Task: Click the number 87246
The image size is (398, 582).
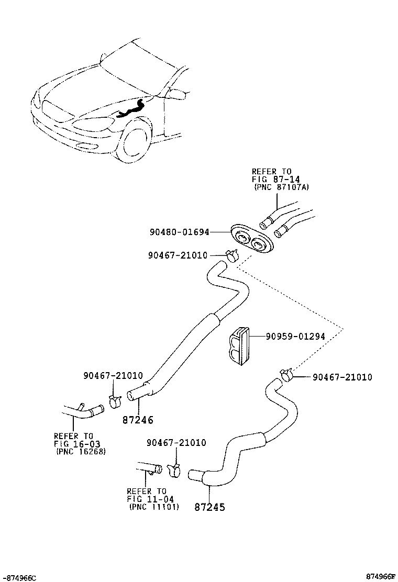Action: [138, 420]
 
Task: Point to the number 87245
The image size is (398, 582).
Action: [209, 507]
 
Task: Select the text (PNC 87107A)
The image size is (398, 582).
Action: [281, 187]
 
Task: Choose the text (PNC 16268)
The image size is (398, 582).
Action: [81, 452]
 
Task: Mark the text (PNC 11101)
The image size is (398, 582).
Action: [154, 507]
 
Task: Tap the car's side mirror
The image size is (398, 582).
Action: [178, 94]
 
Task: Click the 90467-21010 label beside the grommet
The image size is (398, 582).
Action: [178, 255]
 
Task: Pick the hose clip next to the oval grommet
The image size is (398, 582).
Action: [231, 256]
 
